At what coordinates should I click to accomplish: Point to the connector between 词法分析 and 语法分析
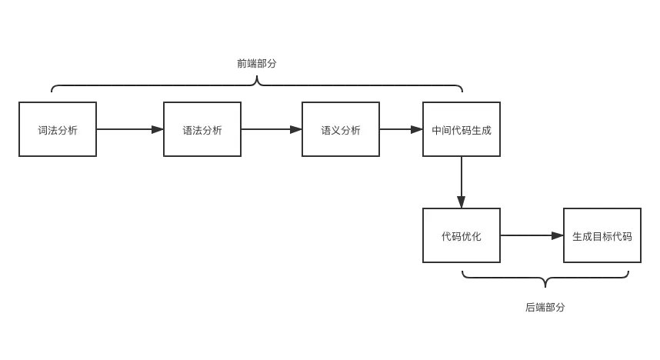click(x=129, y=130)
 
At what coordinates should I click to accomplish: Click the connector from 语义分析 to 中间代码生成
click(x=400, y=130)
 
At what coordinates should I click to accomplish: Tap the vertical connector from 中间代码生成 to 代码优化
click(x=462, y=182)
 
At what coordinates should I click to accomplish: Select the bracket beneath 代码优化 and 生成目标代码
click(x=546, y=278)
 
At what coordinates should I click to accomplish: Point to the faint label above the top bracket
click(x=255, y=65)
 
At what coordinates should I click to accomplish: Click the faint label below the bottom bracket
click(x=545, y=308)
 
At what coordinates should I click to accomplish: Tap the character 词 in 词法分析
click(x=43, y=130)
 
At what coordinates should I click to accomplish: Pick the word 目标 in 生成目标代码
click(x=602, y=236)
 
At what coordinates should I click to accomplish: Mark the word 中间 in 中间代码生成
click(x=442, y=130)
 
